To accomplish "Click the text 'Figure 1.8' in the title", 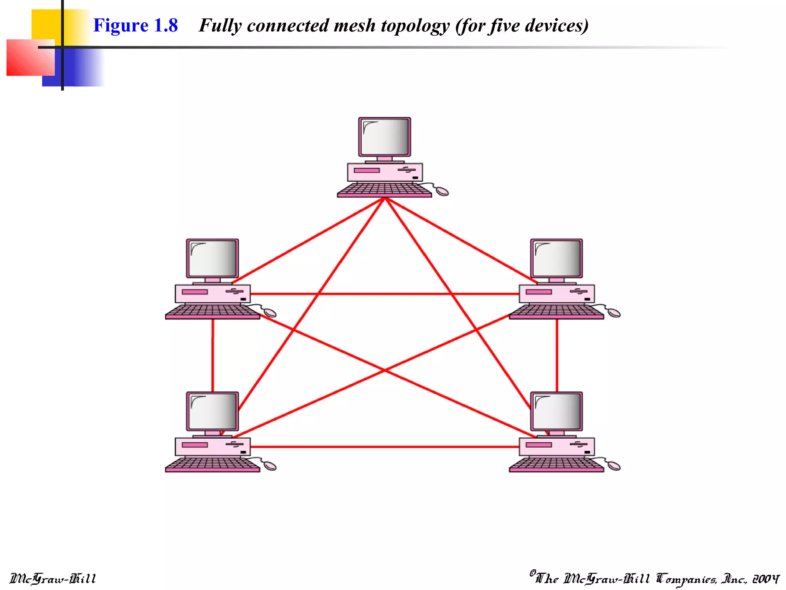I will pos(135,26).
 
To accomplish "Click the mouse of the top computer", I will pos(442,191).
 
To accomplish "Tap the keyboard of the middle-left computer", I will pos(212,311).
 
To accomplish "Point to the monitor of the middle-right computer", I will pos(556,258).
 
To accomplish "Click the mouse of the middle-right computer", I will pos(614,313).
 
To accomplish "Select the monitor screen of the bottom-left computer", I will pos(213,411).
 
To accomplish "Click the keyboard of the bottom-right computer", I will pos(556,464).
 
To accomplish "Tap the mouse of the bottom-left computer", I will pos(270,466).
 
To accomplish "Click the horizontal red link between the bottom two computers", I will pos(384,447).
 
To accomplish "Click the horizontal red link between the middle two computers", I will pos(384,294).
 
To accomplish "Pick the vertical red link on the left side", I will pos(213,355).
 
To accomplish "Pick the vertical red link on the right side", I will pos(557,355).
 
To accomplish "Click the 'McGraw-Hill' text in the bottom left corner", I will pos(53,578).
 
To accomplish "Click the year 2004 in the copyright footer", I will pos(766,578).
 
